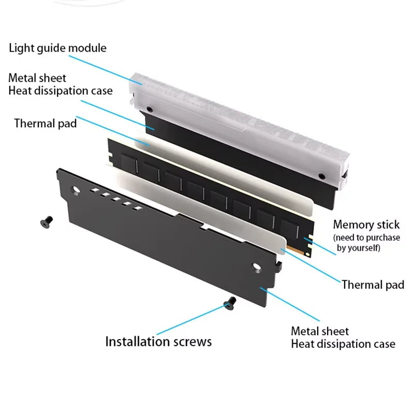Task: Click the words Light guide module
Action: tap(57, 48)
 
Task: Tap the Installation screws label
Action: tap(158, 342)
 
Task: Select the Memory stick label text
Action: tap(366, 225)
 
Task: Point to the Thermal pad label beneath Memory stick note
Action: tap(373, 284)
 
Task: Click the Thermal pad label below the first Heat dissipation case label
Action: tap(46, 123)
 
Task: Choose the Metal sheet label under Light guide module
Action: tap(37, 78)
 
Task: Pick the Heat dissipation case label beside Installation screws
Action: tap(343, 344)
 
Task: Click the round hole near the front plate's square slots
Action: tap(76, 191)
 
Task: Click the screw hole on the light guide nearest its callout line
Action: tap(149, 110)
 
